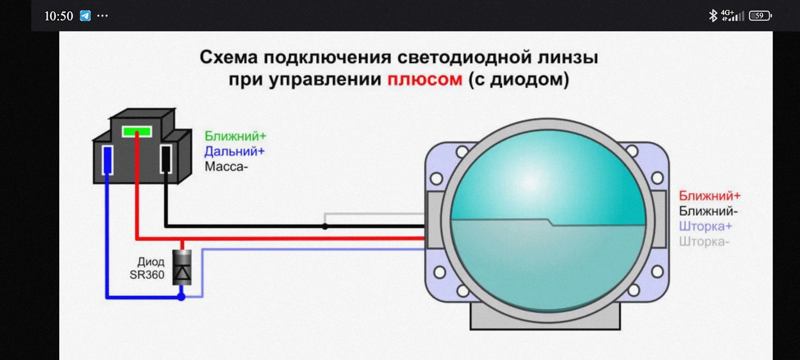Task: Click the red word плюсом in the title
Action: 425,79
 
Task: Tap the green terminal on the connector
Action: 137,132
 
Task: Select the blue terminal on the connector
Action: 107,160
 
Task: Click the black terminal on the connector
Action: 166,159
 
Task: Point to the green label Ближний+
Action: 235,136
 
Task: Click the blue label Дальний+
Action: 234,151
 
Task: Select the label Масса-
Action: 226,167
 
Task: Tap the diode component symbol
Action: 182,267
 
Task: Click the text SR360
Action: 147,275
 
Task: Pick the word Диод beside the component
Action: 151,262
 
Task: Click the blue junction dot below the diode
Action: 181,297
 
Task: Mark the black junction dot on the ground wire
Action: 325,226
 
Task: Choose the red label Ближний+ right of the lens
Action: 710,195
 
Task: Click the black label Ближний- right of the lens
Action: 708,211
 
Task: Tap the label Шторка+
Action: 705,226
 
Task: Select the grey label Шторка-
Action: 704,242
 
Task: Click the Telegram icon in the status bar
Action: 85,16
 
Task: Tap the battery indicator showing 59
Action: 760,16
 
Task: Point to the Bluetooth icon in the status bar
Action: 713,16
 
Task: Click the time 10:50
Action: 58,16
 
